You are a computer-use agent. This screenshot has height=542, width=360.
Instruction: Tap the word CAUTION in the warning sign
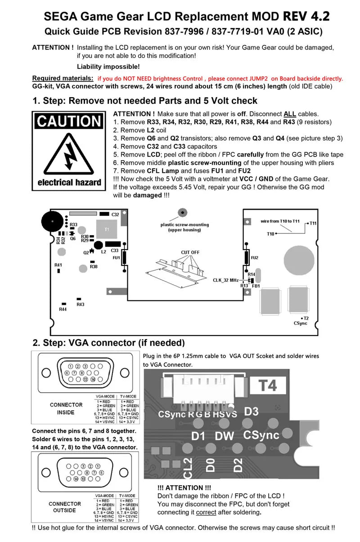[x=69, y=121]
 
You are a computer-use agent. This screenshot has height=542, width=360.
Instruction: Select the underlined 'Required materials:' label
[x=63, y=78]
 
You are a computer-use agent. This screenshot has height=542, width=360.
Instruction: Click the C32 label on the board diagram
[x=115, y=215]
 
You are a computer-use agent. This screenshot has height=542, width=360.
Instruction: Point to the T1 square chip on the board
[x=107, y=230]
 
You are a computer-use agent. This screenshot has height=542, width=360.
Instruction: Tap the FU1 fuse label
[x=116, y=258]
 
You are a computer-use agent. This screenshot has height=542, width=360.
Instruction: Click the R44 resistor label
[x=63, y=309]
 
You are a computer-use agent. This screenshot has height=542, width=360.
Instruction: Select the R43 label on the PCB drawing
[x=80, y=305]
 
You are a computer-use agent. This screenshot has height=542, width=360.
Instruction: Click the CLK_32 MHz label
[x=225, y=280]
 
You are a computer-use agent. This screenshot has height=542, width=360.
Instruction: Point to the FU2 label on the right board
[x=254, y=258]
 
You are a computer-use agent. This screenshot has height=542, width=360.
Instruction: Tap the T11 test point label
[x=313, y=224]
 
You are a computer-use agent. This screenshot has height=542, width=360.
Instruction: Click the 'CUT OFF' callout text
[x=190, y=252]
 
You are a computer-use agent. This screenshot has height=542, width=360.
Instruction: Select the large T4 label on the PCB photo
[x=268, y=385]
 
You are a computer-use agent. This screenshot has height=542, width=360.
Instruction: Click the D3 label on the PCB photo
[x=252, y=411]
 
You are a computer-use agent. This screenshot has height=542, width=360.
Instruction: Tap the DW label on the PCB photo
[x=225, y=435]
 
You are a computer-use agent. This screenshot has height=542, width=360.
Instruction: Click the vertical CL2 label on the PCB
[x=188, y=468]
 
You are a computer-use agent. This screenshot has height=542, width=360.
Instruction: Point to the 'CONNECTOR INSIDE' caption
[x=66, y=408]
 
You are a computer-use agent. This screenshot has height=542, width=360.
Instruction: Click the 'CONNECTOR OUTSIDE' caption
[x=65, y=507]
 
